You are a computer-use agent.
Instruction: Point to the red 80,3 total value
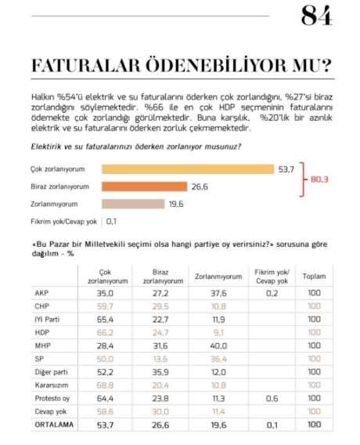pyautogui.click(x=319, y=179)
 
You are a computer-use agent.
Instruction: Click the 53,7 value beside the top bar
pyautogui.click(x=286, y=168)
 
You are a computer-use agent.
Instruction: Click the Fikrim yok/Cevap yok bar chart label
pyautogui.click(x=63, y=222)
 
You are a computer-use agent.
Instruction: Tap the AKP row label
pyautogui.click(x=42, y=294)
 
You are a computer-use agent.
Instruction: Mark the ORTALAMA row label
pyautogui.click(x=52, y=424)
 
